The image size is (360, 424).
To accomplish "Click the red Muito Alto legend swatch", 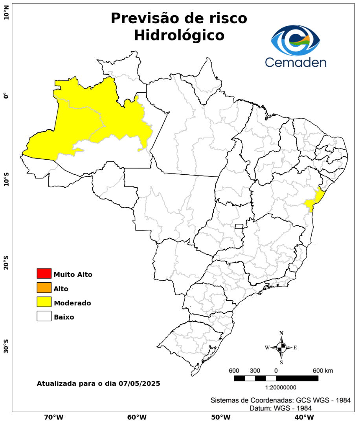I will (x=44, y=273).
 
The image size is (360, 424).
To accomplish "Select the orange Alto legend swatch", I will (x=44, y=288).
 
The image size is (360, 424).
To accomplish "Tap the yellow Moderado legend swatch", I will (x=44, y=302).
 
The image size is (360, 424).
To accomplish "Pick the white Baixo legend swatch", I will (x=44, y=316).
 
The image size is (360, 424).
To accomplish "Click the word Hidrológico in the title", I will (x=179, y=35).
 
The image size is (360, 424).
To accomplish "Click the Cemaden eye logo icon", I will (x=296, y=40).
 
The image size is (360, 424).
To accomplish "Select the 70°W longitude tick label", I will (x=54, y=417).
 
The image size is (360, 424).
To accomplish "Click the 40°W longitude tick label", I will (x=303, y=417).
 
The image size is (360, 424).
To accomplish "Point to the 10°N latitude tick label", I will (x=6, y=15).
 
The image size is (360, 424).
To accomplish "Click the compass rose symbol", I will (x=281, y=347).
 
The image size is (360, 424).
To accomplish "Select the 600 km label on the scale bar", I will (x=323, y=371).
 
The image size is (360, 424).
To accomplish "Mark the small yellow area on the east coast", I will (x=316, y=200).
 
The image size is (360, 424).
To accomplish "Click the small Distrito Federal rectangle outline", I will (x=239, y=226).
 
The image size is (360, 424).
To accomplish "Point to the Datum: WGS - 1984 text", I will (x=281, y=408).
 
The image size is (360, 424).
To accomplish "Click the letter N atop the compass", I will (x=281, y=333).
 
